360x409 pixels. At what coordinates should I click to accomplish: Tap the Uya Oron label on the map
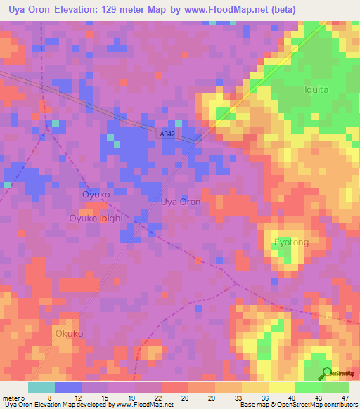tap(181, 202)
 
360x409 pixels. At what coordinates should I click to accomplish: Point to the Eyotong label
tap(291, 242)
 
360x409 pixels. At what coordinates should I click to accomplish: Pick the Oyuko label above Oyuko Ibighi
tap(96, 193)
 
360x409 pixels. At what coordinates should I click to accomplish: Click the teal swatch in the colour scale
tap(41, 387)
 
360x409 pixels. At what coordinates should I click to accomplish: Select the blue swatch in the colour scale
tap(68, 387)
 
